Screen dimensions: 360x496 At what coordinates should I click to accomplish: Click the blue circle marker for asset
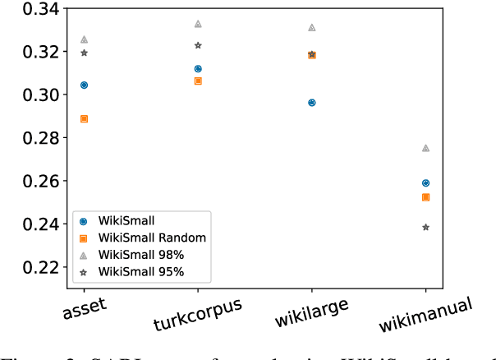pos(84,85)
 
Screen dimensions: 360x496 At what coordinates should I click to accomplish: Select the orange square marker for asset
pos(84,118)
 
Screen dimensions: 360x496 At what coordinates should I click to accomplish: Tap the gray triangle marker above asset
pos(84,39)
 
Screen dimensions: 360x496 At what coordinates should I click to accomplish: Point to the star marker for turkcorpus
pos(198,45)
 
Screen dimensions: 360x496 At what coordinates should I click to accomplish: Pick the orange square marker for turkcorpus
pos(198,81)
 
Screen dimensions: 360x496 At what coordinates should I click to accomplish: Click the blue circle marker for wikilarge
pos(311,103)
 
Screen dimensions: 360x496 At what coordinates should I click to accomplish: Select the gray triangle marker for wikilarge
pos(311,27)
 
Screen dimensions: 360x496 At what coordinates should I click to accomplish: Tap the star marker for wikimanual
pos(425,227)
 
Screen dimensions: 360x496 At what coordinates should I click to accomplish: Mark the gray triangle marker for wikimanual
pos(425,148)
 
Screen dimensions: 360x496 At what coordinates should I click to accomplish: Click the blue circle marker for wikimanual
pos(425,183)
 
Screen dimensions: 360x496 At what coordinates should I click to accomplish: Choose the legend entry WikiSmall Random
pos(141,238)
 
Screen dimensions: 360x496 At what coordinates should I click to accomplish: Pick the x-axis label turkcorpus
pos(197,314)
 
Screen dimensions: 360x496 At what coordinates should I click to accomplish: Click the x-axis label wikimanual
pos(425,316)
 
